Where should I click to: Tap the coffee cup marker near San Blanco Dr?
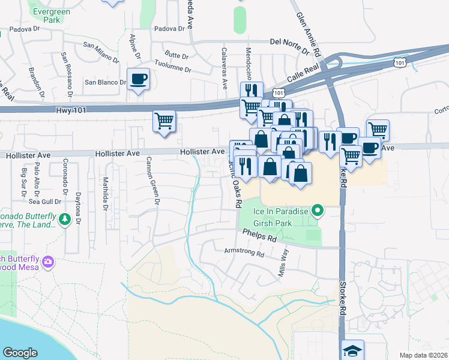tap(139, 79)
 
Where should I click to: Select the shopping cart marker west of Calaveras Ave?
tap(164, 121)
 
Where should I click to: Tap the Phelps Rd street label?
tap(260, 235)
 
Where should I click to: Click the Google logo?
tap(20, 353)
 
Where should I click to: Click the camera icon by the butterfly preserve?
tap(47, 262)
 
